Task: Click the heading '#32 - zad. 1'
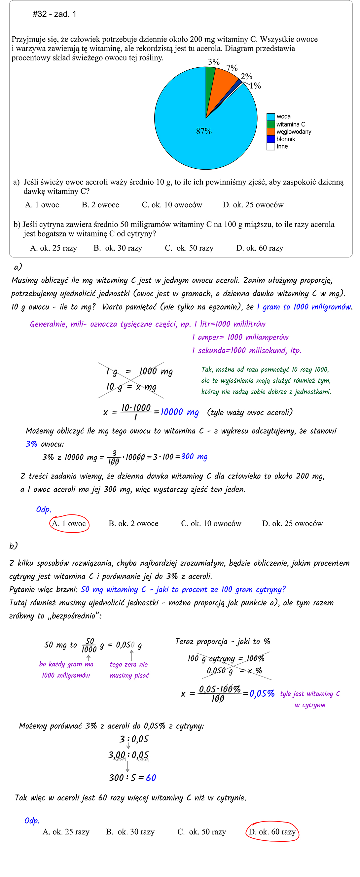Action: (x=54, y=14)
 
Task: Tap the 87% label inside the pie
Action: (x=204, y=131)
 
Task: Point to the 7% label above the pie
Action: (x=232, y=68)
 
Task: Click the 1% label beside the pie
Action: (x=255, y=86)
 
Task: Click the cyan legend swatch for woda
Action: (x=271, y=117)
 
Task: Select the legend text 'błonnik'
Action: (x=286, y=139)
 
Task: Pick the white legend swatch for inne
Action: (x=271, y=146)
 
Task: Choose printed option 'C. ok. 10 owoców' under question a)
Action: (x=172, y=205)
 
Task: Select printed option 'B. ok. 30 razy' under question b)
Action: (x=118, y=248)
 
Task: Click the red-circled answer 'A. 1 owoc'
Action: (x=69, y=523)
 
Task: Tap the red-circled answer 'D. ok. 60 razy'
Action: (x=272, y=832)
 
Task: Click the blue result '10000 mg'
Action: (x=179, y=412)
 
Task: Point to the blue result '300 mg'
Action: (x=194, y=457)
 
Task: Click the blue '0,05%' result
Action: (x=262, y=693)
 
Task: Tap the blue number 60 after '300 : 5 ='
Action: (x=151, y=778)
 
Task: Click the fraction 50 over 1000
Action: (x=89, y=645)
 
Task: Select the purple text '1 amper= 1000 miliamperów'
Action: (x=240, y=337)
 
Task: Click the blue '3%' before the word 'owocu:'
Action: (x=32, y=444)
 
